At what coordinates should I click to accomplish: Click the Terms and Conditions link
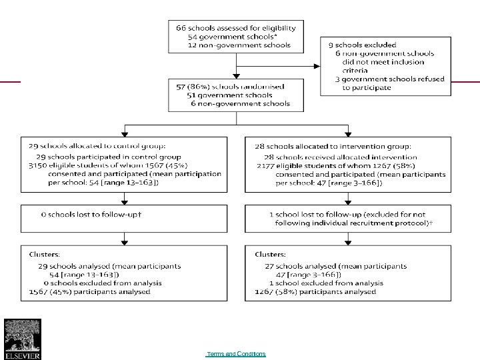(236, 354)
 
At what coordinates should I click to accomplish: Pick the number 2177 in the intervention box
(265, 165)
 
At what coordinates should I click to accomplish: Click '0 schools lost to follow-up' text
(93, 215)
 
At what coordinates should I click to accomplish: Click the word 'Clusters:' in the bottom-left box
(43, 255)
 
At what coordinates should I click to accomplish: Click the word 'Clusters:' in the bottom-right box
(269, 255)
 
